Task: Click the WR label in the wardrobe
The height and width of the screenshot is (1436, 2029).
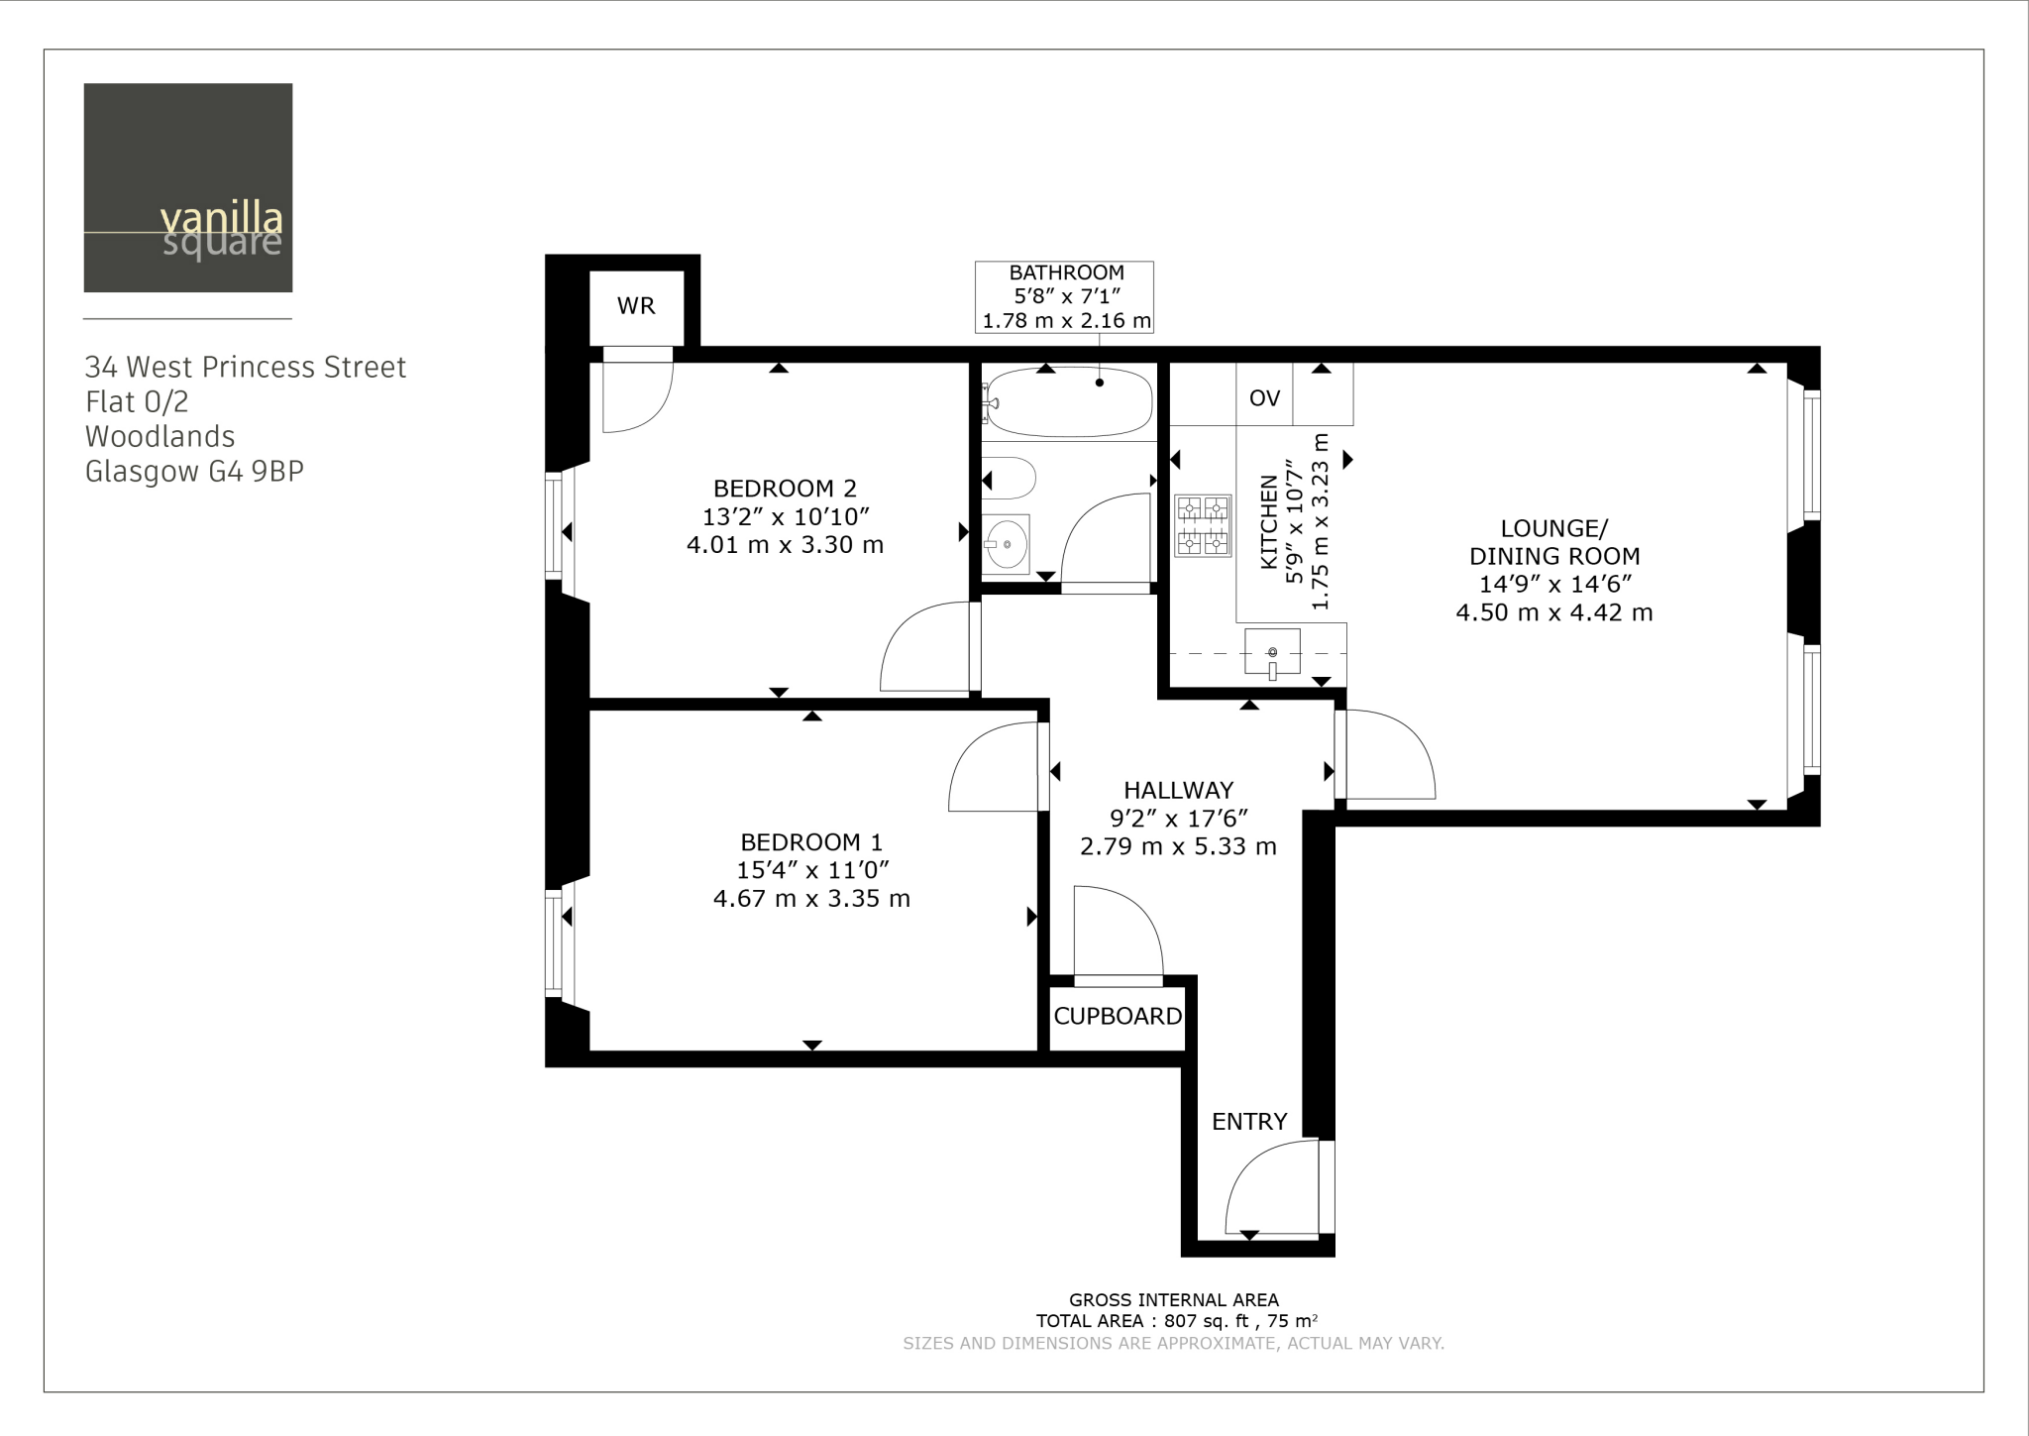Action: click(636, 306)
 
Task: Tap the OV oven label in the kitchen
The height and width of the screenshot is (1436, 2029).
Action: click(1264, 398)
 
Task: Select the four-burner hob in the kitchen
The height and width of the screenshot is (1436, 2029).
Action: click(1202, 526)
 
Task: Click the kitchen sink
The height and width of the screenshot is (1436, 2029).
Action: click(1272, 653)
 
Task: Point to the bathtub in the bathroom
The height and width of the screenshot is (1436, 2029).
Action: click(1069, 401)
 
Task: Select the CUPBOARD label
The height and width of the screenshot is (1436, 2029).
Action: click(1118, 1017)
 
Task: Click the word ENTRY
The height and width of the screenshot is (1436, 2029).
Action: click(1249, 1122)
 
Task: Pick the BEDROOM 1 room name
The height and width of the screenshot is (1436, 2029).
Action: click(810, 842)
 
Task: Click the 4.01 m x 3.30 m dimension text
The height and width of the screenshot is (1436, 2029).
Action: click(785, 545)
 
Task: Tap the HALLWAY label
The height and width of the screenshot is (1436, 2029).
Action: click(1178, 791)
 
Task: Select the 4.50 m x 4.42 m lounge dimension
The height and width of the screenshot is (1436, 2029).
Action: click(1553, 613)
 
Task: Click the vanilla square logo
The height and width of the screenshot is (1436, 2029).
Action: click(188, 188)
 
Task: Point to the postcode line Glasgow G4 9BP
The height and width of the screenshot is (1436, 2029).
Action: click(194, 472)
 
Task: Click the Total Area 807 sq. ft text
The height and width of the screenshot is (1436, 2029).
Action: click(1176, 1321)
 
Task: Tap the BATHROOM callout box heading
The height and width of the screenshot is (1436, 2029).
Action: click(1066, 273)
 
